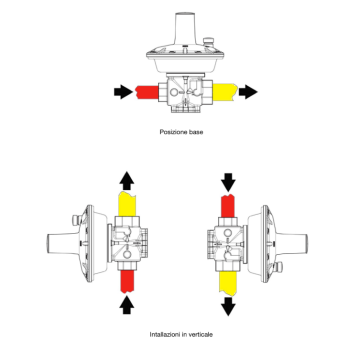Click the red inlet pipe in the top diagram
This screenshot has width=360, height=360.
pos(146,92)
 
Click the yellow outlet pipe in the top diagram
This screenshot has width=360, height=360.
pos(225,92)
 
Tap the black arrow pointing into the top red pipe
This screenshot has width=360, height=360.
pos(123,92)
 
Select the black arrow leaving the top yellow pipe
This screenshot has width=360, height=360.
pos(248,92)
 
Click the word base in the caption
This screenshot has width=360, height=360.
pos(196,132)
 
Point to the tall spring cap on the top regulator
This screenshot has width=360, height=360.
pos(185,29)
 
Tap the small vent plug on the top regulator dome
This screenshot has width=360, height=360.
pos(208,42)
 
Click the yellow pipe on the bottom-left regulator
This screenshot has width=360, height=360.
pos(127,204)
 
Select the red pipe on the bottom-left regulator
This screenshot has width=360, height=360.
pos(127,282)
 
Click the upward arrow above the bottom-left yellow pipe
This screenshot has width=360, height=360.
pos(127,181)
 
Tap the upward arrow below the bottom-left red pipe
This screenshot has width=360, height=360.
pos(127,305)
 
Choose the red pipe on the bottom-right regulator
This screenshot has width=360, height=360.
pos(228,206)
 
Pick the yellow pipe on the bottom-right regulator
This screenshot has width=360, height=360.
pos(228,283)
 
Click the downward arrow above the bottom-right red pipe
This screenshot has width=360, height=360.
pos(228,182)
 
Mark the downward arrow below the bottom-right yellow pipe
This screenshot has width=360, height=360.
pos(228,306)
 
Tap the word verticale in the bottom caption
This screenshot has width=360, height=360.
pos(200,334)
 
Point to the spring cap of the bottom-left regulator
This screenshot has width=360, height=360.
pos(63,244)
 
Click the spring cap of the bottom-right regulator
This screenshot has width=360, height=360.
pos(292,244)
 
